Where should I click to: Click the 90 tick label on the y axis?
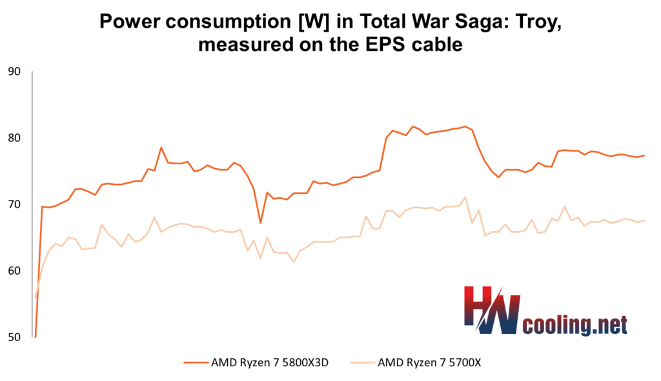point(14,72)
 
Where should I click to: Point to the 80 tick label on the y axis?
point(14,138)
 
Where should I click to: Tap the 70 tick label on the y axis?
point(14,204)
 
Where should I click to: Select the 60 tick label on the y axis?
point(14,271)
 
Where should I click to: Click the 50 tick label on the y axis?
point(14,337)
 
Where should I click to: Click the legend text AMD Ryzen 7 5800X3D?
point(270,362)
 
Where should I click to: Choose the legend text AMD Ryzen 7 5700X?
point(429,362)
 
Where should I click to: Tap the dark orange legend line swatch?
point(196,362)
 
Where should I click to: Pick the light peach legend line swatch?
point(363,362)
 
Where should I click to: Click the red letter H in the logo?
point(478,306)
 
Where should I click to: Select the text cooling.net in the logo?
point(575,326)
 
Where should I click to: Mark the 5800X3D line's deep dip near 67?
point(261,222)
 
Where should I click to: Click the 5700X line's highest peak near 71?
point(465,197)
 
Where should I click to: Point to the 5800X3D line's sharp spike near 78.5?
point(161,148)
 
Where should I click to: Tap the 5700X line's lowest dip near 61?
point(294,262)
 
